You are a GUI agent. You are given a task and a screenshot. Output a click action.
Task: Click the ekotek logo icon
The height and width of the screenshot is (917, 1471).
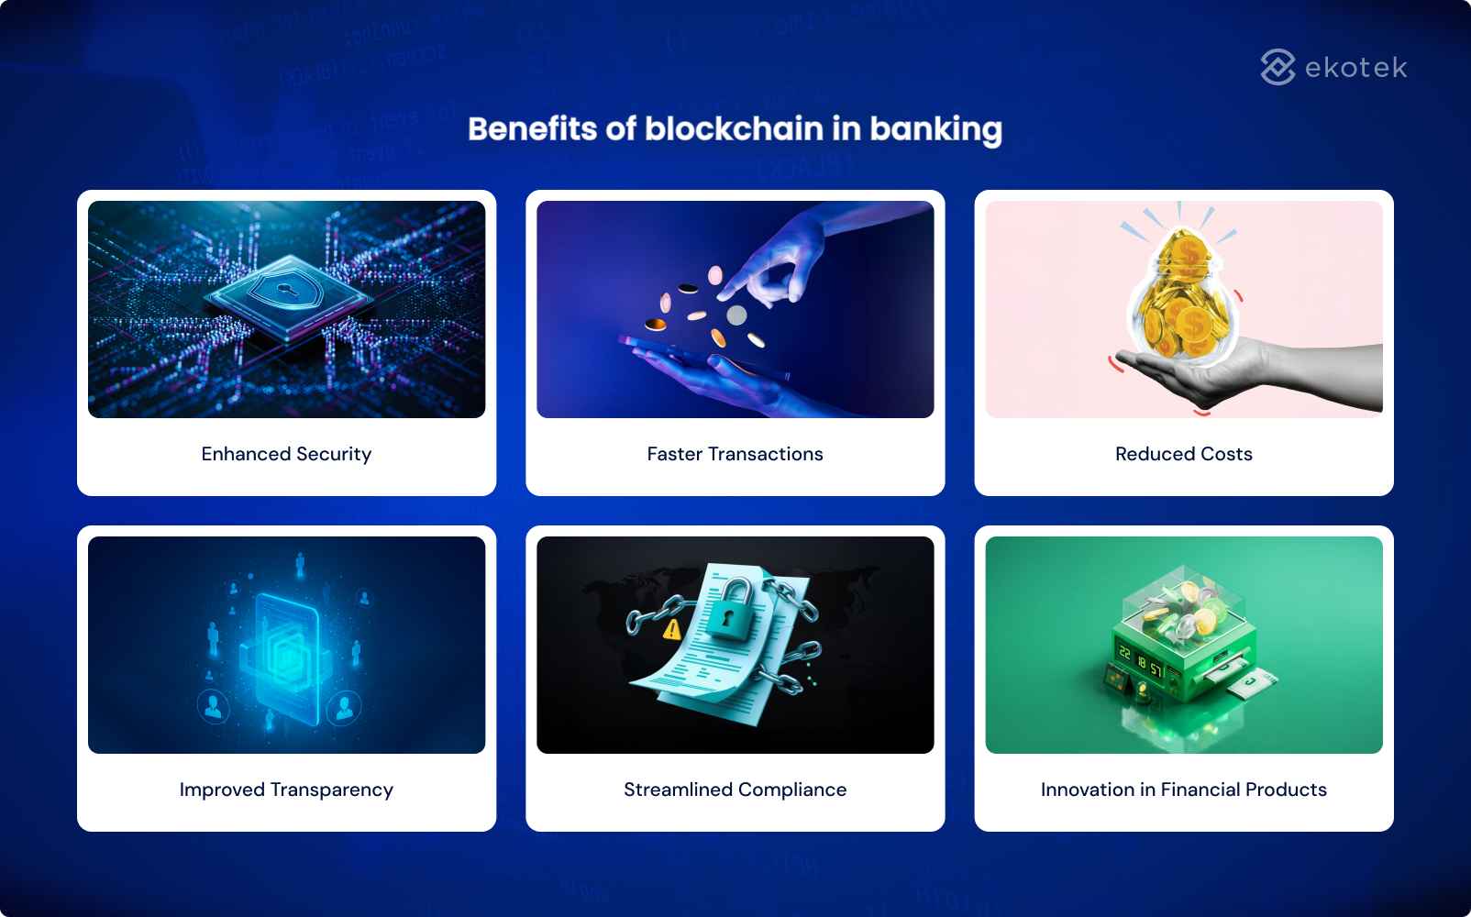(x=1277, y=67)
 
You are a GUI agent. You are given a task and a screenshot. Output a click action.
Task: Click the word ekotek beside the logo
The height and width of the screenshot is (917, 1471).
(x=1355, y=68)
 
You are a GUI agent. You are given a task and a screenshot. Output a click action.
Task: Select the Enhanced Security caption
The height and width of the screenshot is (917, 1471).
(x=286, y=454)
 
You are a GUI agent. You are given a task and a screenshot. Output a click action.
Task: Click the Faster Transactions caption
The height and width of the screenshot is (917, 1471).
(x=735, y=454)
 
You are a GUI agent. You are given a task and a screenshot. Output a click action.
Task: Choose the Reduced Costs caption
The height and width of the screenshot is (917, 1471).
(x=1183, y=454)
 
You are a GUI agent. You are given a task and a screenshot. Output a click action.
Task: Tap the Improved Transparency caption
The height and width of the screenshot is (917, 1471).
(x=286, y=790)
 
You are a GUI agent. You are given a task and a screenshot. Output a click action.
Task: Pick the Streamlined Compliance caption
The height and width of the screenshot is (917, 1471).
(x=735, y=790)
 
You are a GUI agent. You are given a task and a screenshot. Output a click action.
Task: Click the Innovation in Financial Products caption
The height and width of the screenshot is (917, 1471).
(x=1183, y=790)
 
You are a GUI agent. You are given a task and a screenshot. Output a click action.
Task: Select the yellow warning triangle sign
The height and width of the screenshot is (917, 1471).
(x=672, y=629)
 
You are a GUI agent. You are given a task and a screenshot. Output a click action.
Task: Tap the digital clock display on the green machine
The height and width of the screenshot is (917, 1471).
(x=1138, y=661)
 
